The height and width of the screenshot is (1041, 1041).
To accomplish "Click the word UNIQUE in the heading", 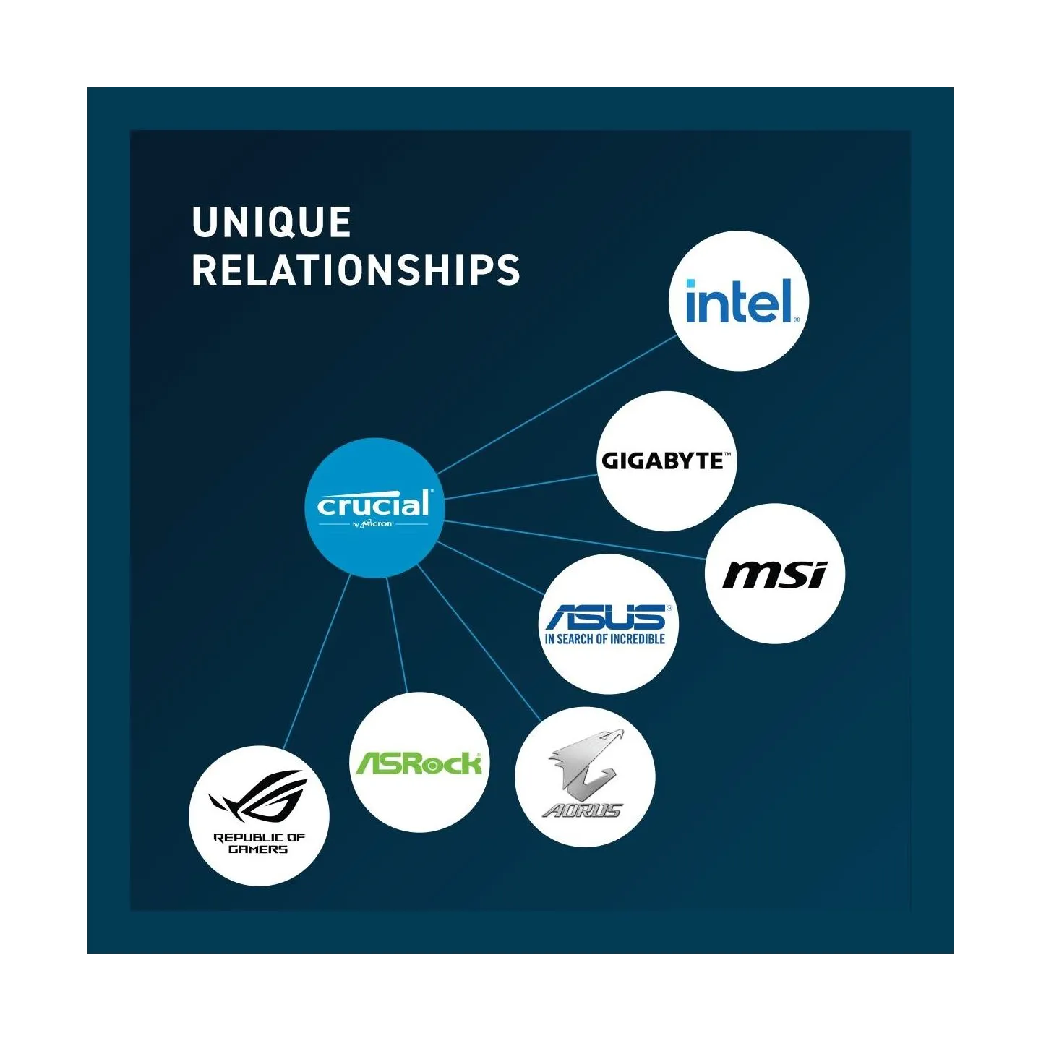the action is coord(271,222).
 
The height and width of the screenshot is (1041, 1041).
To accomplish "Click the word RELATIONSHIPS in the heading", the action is coord(356,270).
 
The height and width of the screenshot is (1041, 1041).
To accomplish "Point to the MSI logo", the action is coord(775,575).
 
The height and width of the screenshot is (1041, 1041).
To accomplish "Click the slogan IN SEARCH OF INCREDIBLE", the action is coord(605,639).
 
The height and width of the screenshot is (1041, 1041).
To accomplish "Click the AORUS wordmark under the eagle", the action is coord(583,810).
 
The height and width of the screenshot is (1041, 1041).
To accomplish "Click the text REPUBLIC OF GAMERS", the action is coord(260,843).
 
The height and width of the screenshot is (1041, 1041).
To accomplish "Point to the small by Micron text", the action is coord(373,523).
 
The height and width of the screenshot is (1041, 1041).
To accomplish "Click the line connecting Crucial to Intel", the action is coord(557,405).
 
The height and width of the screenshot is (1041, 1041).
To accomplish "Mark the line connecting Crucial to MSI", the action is coord(575,540).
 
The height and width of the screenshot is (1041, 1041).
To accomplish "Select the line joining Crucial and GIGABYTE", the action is coord(520,487).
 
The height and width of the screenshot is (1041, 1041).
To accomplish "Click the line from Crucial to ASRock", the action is coord(397,635).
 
